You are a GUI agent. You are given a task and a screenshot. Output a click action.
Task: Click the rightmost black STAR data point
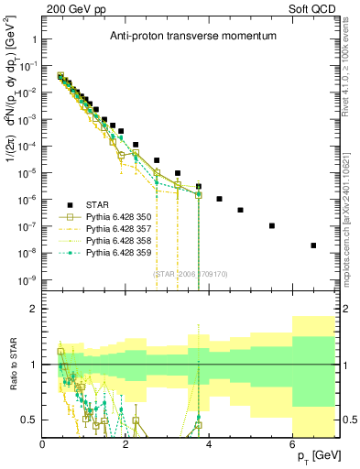[314, 245]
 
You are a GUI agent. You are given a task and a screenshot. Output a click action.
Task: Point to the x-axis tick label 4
[210, 443]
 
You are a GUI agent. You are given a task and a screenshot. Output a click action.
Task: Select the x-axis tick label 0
[42, 443]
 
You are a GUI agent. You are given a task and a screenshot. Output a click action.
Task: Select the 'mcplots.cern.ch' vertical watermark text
[353, 210]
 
